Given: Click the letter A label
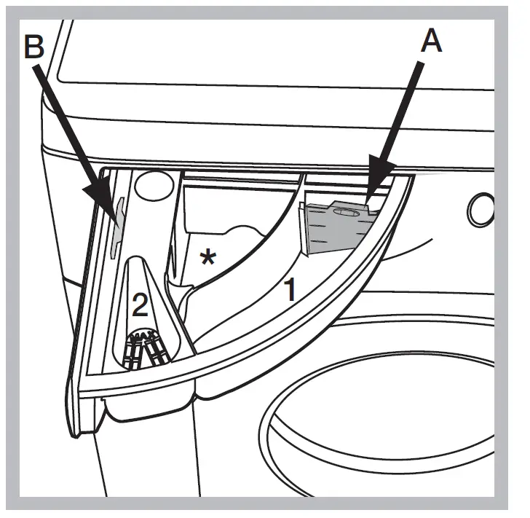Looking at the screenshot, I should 431,42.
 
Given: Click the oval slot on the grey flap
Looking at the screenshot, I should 347,212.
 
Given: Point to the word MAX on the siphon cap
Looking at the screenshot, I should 149,337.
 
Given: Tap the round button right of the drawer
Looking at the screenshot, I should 481,210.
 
